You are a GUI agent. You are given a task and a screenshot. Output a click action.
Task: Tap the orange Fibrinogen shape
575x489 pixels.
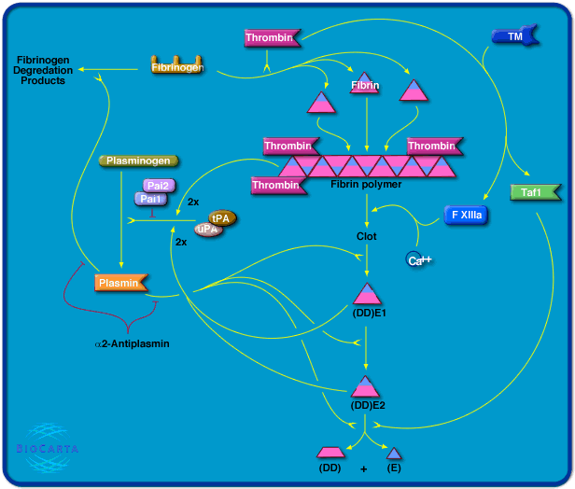177,67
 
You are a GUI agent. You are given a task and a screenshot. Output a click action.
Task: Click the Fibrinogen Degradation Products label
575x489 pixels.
40,70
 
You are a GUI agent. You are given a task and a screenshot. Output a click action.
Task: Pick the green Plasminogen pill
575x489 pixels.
137,161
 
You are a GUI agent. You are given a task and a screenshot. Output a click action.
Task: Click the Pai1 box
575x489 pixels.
149,199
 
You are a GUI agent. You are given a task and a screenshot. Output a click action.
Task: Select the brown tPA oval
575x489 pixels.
222,217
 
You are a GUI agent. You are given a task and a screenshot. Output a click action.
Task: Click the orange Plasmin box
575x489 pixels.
122,282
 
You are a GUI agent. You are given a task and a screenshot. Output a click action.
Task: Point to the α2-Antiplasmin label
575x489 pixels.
132,343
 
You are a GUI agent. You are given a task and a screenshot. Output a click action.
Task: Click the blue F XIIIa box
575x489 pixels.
466,215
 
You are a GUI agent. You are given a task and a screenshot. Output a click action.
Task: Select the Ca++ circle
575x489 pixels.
417,260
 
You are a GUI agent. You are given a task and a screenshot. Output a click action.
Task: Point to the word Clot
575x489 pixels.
367,236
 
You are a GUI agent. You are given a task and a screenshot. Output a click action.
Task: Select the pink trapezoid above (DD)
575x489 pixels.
330,453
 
